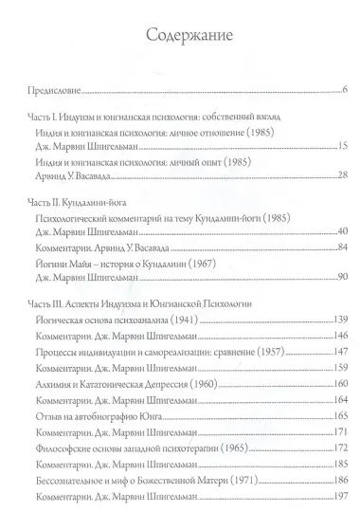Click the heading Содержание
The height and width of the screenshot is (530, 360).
(180, 35)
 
